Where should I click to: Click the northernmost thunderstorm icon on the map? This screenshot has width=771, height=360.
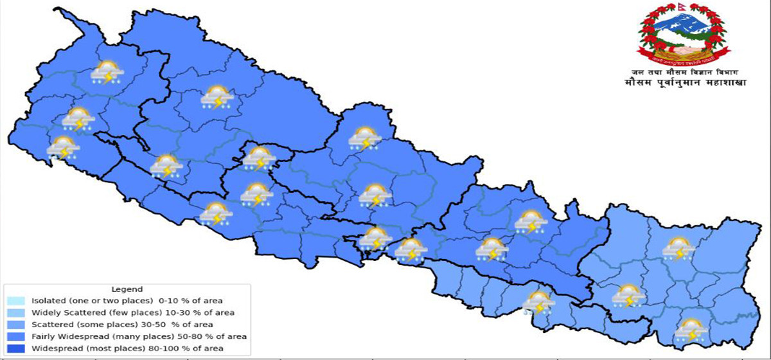coord(107,73)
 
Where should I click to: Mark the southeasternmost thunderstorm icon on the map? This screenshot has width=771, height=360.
coord(691,330)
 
